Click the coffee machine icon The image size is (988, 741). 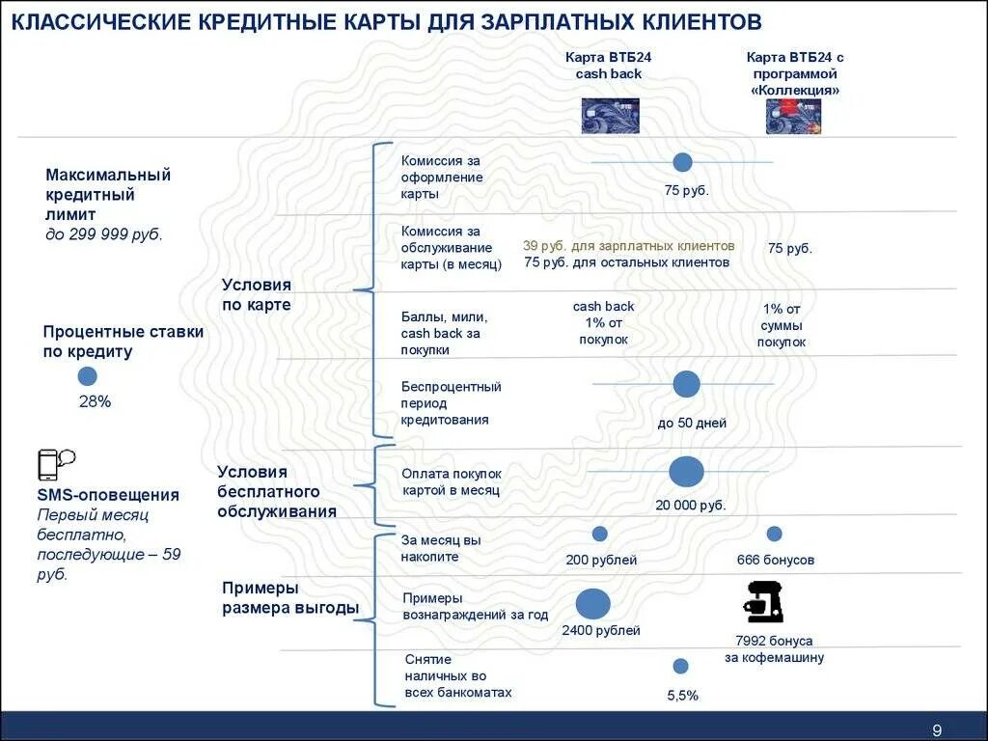pyautogui.click(x=763, y=602)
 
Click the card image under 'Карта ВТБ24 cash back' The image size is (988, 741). pyautogui.click(x=610, y=116)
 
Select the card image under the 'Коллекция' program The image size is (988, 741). pyautogui.click(x=793, y=116)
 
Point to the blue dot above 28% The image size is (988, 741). pyautogui.click(x=88, y=376)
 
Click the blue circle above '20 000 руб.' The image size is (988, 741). pyautogui.click(x=686, y=472)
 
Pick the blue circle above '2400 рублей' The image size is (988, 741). pyautogui.click(x=593, y=604)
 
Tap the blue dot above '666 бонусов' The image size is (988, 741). pyautogui.click(x=774, y=534)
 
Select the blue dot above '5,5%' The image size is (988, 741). pyautogui.click(x=680, y=666)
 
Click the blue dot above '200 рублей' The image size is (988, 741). pyautogui.click(x=600, y=534)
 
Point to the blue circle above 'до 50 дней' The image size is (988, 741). pyautogui.click(x=686, y=384)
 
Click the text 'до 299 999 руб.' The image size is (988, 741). pyautogui.click(x=104, y=234)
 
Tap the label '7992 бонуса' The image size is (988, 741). pyautogui.click(x=774, y=641)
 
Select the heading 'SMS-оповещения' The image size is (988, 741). pyautogui.click(x=108, y=495)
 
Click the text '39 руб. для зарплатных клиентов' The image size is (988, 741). pyautogui.click(x=628, y=246)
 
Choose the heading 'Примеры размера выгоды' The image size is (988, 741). pyautogui.click(x=289, y=598)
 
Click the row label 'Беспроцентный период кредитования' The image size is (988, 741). pyautogui.click(x=451, y=403)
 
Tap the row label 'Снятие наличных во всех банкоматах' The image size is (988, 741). pyautogui.click(x=457, y=675)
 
